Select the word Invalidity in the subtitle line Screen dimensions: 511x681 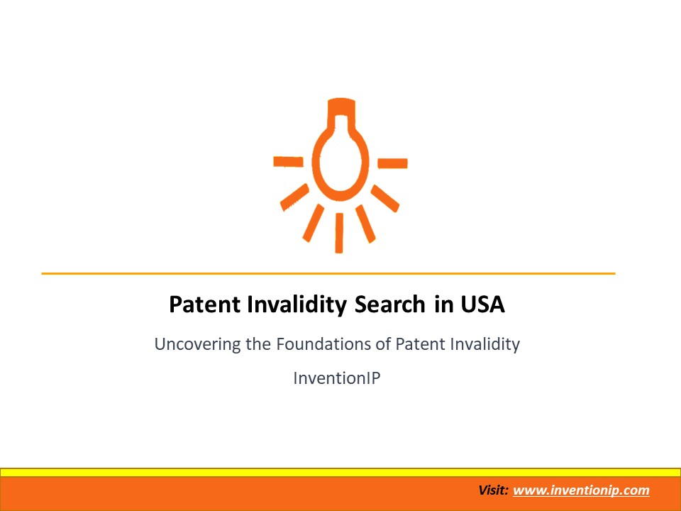coord(485,345)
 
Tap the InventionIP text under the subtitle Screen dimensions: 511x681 coord(337,378)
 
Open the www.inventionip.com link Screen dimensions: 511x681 coord(581,490)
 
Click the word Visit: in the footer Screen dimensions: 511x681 coord(494,490)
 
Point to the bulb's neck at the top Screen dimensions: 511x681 coord(340,114)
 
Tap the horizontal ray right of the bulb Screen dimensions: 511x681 coord(392,163)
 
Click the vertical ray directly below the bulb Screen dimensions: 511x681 coord(339,233)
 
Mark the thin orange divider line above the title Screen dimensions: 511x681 coord(328,273)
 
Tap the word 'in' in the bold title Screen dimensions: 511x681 coord(441,305)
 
